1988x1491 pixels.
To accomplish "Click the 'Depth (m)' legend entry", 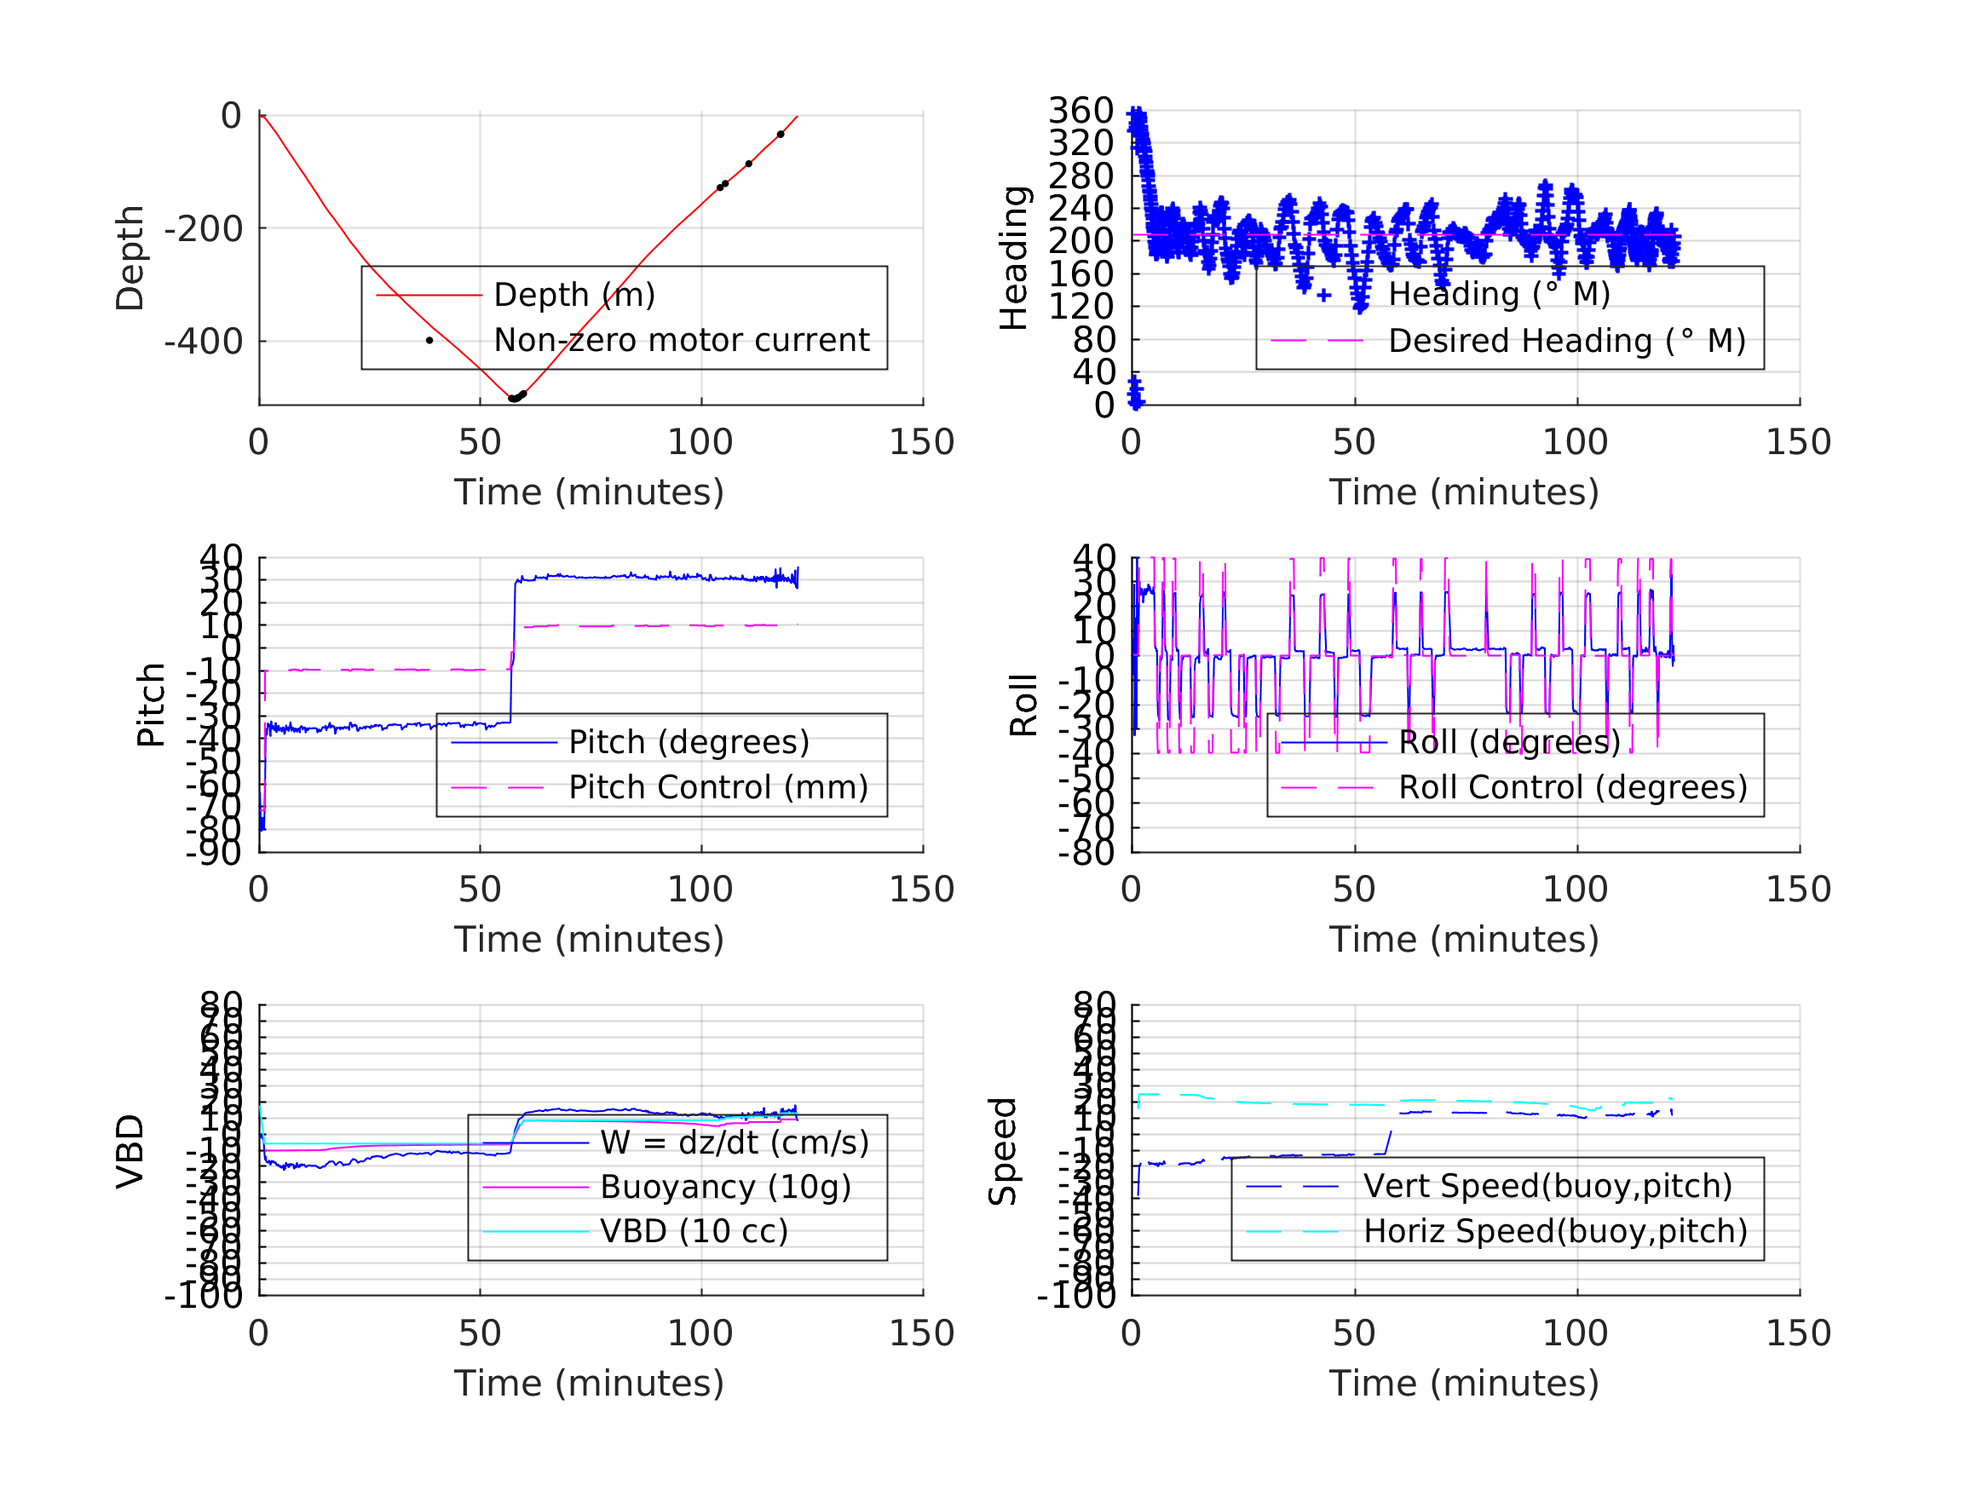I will tap(574, 295).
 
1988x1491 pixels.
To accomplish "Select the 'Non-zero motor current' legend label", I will tap(681, 341).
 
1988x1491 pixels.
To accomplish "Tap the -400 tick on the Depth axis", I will tap(203, 342).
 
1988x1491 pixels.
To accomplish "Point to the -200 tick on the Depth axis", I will tap(203, 229).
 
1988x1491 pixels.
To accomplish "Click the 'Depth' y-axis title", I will tap(130, 258).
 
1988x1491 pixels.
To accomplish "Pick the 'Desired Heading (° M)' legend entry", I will tap(1566, 342).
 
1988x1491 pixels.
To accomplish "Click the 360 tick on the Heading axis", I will tap(1081, 111).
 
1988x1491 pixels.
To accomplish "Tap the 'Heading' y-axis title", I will tap(1014, 258).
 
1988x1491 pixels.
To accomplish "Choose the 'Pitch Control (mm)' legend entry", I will tap(718, 788).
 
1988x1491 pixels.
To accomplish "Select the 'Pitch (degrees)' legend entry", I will tap(689, 742).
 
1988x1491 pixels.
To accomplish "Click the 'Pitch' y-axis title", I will tap(151, 705).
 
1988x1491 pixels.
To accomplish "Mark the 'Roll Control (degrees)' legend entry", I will tap(1573, 788).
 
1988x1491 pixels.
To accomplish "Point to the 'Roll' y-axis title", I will tap(1023, 705).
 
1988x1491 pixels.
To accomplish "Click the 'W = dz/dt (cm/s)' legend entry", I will tap(735, 1143).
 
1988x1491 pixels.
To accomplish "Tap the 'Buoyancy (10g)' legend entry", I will tap(725, 1187).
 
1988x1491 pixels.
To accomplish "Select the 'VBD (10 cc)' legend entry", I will tap(694, 1231).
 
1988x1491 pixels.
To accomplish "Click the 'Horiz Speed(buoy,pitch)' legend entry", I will tap(1555, 1231).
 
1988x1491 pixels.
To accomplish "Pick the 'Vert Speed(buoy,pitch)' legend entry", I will tap(1547, 1186).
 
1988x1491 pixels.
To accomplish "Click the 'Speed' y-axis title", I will tap(1003, 1151).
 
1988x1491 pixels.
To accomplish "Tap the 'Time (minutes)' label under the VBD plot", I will tap(589, 1383).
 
